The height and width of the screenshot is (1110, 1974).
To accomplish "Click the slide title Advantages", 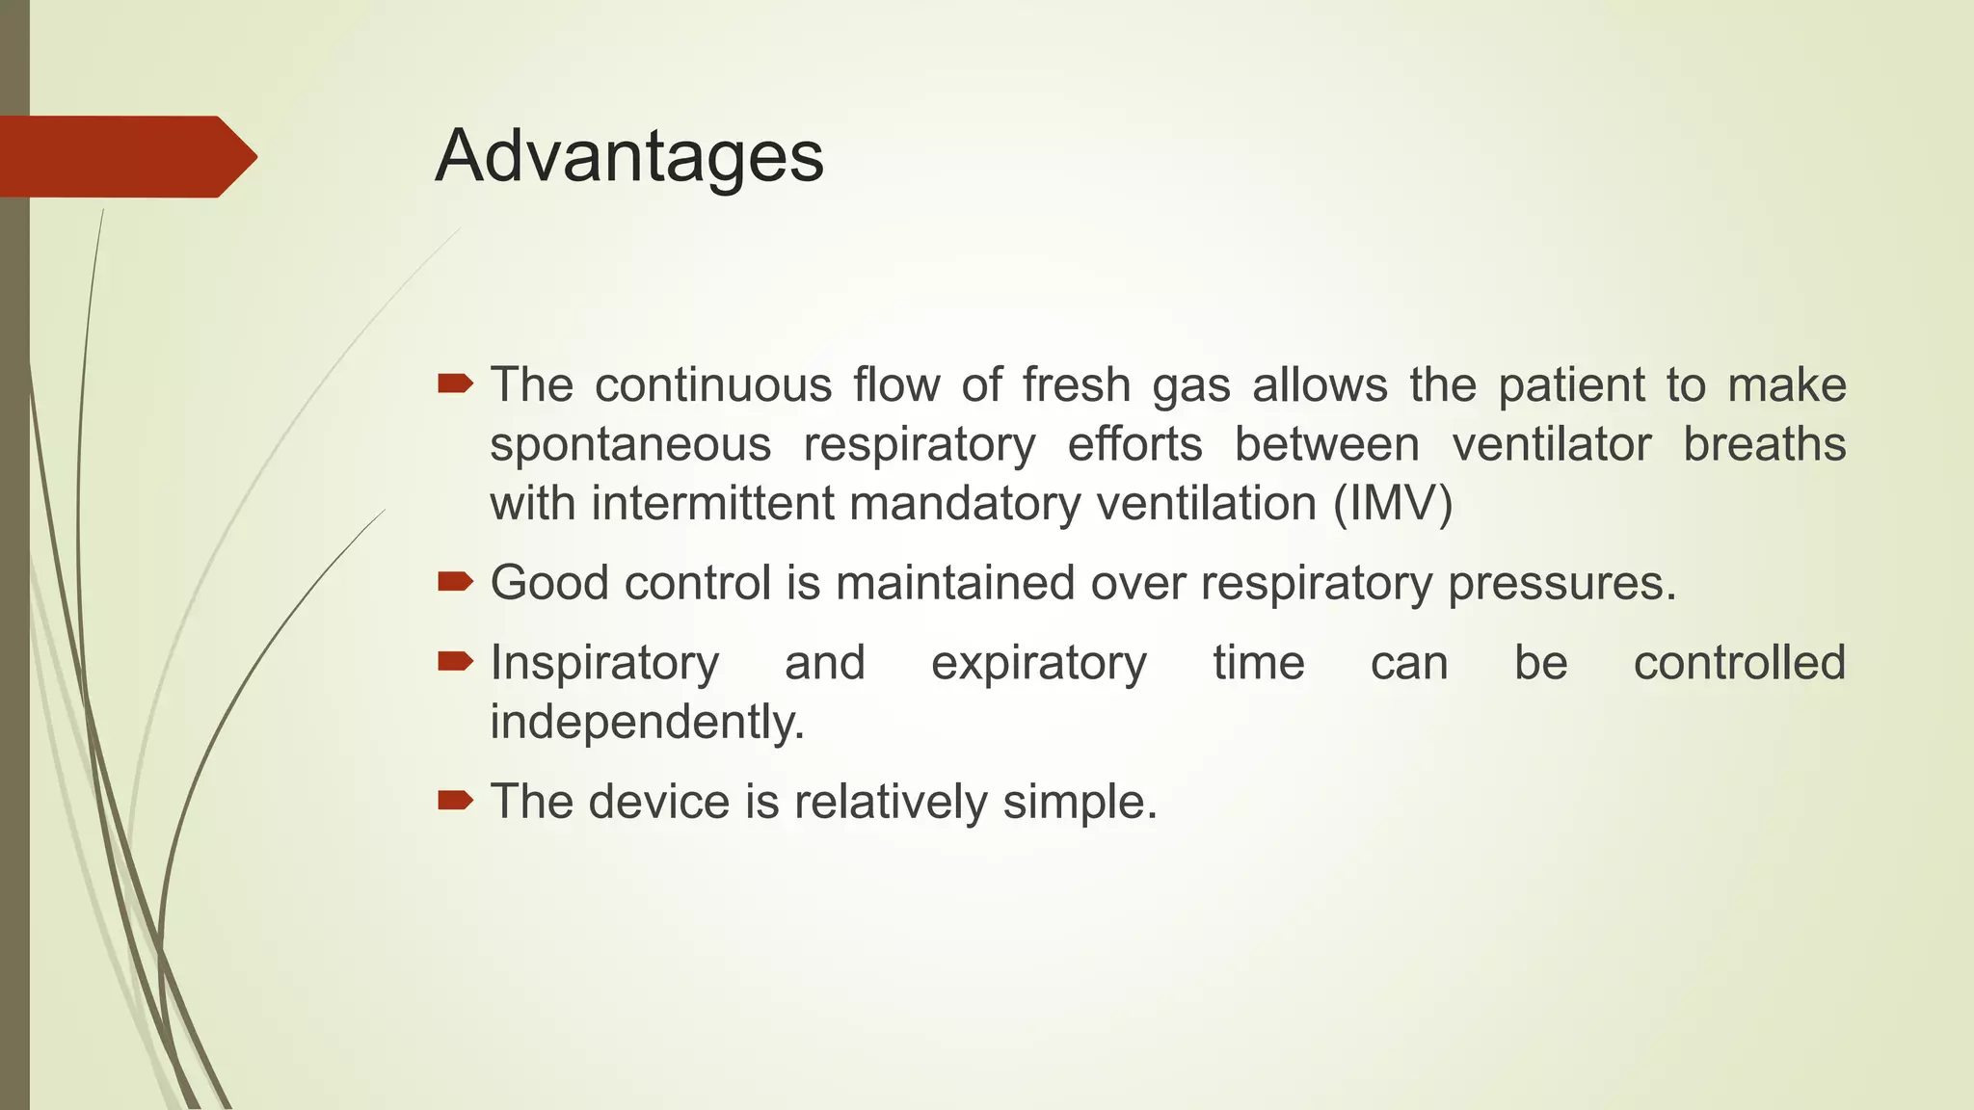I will coord(629,156).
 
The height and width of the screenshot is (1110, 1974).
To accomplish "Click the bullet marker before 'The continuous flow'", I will coord(455,385).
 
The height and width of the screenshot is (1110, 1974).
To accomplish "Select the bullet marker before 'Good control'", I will coord(455,582).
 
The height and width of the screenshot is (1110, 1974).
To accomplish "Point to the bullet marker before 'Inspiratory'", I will coord(455,662).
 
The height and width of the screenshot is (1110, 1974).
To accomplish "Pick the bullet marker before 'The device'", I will coord(455,801).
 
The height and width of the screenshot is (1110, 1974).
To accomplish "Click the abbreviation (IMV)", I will coord(1393,504).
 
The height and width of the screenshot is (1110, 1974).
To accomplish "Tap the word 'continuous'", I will coord(713,385).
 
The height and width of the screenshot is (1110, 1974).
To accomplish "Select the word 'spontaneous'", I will coord(630,445).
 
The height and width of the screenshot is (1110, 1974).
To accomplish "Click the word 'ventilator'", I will coord(1552,445).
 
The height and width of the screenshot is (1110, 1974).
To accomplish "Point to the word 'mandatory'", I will coord(965,504).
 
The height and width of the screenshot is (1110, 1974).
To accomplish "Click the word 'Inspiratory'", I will coord(604,664).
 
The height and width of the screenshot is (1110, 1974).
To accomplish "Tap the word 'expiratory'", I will coord(1039,664).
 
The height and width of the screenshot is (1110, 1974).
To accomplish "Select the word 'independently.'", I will coord(647,722).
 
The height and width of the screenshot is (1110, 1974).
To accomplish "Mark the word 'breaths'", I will coord(1764,445).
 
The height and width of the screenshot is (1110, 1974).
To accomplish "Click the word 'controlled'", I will coord(1739,663).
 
